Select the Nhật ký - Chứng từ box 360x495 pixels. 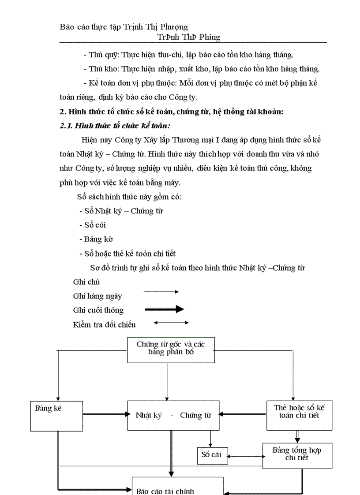coord(173,415)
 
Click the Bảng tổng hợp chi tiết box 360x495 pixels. coord(297,455)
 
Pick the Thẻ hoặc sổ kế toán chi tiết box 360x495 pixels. coord(299,415)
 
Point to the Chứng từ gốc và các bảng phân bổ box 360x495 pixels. coord(171,350)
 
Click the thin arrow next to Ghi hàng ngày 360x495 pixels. coord(161,292)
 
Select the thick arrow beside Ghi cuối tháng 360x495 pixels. coord(164,309)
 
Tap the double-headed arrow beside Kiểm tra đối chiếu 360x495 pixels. coord(171,323)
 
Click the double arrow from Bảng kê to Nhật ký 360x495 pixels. coord(105,414)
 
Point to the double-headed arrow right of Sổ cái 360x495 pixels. coord(246,457)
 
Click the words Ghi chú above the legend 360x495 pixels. coord(86,282)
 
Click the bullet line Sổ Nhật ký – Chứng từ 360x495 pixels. coord(121,211)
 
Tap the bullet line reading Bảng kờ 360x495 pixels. coord(96,239)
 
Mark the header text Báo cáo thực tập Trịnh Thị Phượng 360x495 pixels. coord(124,27)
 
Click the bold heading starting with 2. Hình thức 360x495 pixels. coord(171,112)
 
